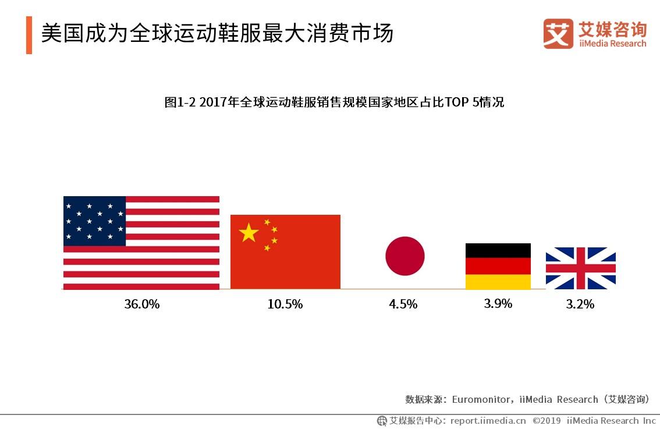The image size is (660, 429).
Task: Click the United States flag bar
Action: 141,243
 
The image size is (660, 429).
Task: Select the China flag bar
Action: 285,251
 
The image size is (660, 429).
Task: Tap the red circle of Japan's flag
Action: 405,256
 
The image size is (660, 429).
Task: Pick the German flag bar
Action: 498,266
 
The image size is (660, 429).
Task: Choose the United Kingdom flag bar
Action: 580,268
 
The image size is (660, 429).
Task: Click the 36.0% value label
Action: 141,304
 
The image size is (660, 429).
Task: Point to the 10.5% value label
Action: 285,304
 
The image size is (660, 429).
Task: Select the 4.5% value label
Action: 403,304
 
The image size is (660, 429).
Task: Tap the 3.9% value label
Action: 498,303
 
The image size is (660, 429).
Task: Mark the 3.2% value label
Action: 580,304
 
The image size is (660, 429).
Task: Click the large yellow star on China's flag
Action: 249,233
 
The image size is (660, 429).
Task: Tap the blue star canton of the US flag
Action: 94,221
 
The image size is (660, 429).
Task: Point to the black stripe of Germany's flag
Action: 498,250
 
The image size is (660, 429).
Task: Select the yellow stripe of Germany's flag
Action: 498,282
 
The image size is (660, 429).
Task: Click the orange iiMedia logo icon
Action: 558,34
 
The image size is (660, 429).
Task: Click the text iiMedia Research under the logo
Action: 612,44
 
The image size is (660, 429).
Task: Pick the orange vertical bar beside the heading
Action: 29,36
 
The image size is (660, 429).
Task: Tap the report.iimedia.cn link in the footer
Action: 488,420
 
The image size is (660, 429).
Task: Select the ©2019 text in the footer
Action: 546,420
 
